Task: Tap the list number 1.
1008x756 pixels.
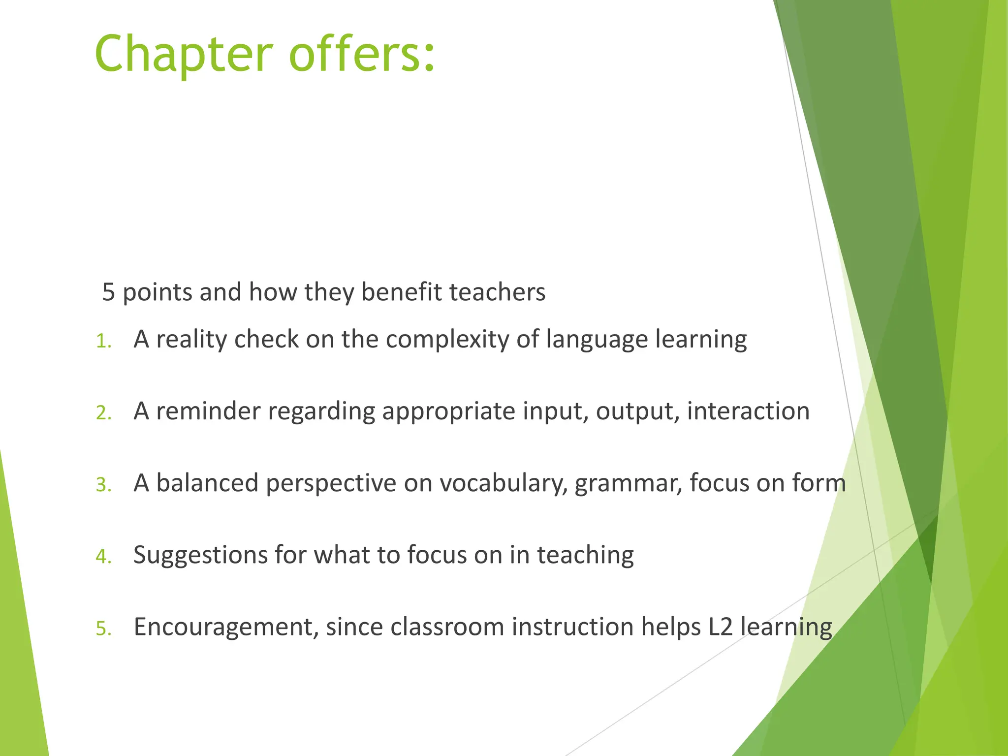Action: pyautogui.click(x=103, y=341)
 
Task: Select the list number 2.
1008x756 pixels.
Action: pyautogui.click(x=103, y=413)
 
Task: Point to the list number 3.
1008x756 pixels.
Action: pyautogui.click(x=103, y=485)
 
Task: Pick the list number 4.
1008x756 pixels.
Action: pyautogui.click(x=103, y=557)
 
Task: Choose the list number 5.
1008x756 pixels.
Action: pyautogui.click(x=103, y=629)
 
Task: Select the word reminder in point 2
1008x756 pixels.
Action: pyautogui.click(x=208, y=411)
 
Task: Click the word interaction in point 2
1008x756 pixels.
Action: pyautogui.click(x=748, y=411)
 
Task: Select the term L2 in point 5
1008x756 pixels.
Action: pyautogui.click(x=721, y=627)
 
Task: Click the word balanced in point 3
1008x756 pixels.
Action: pyautogui.click(x=207, y=483)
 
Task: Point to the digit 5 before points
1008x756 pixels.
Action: pyautogui.click(x=108, y=292)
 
